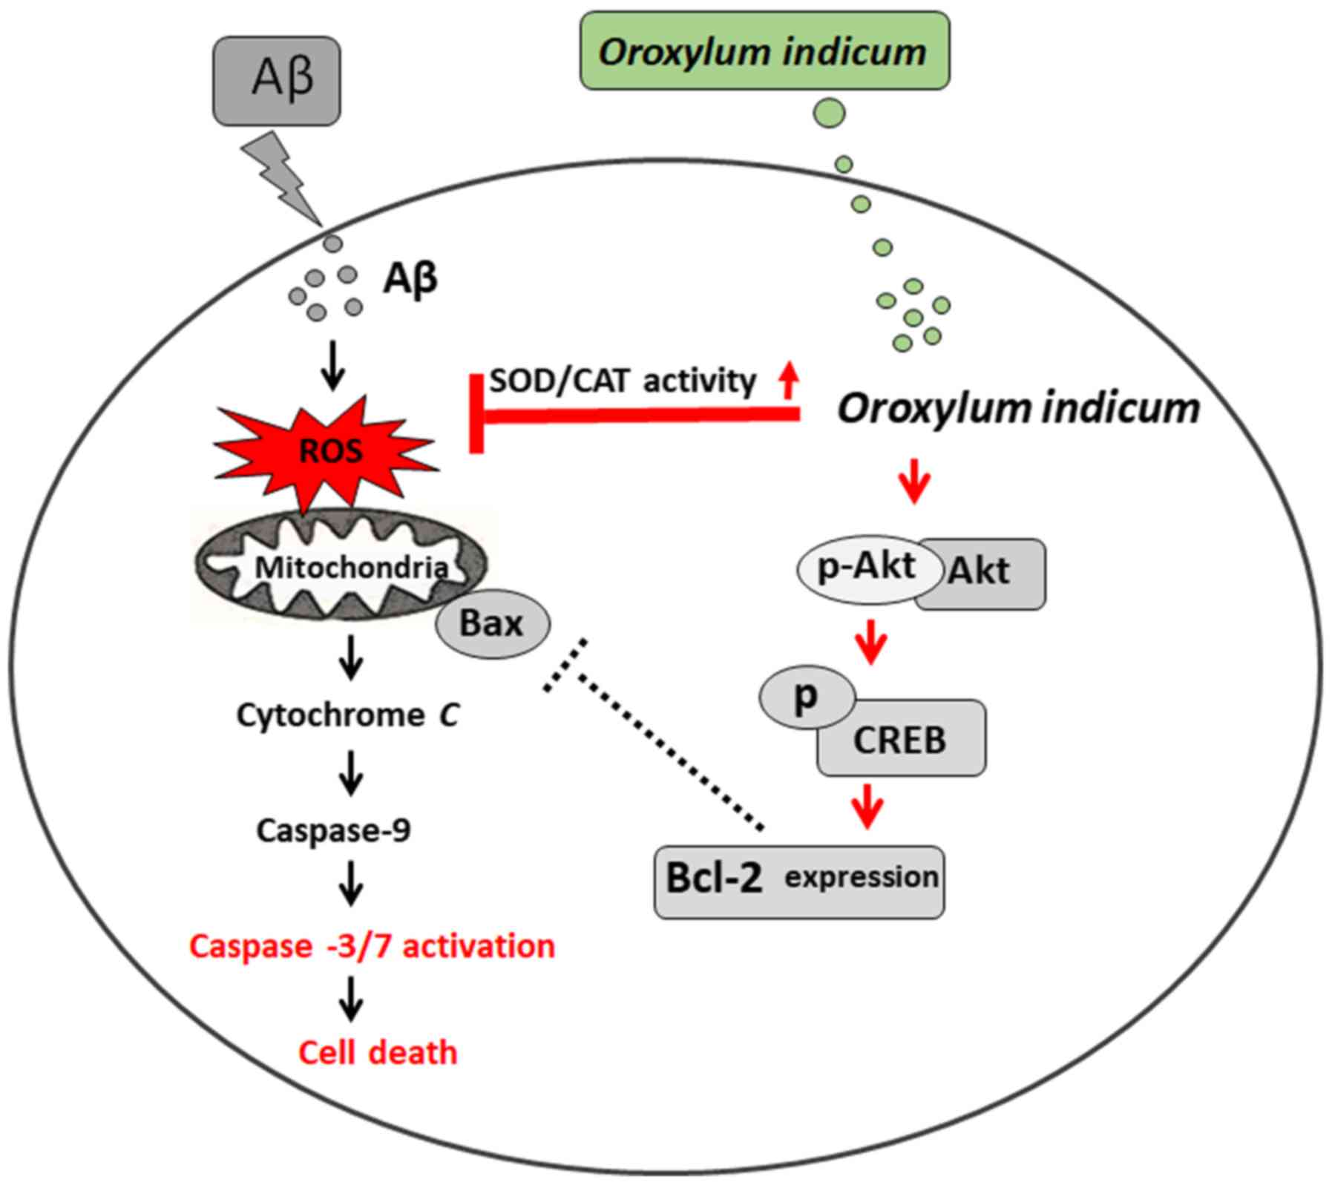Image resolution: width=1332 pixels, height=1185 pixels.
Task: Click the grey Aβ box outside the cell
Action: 277,81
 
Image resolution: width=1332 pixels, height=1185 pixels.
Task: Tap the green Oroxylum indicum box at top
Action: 764,51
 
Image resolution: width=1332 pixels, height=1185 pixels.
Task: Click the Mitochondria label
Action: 350,568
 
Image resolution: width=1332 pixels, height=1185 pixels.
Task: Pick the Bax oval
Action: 492,623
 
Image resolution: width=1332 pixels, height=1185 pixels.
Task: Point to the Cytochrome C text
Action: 347,715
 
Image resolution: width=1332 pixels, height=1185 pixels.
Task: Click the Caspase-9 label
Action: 333,830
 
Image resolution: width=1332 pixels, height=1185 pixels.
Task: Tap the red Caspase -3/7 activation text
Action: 372,946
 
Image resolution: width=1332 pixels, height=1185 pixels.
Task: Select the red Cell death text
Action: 378,1052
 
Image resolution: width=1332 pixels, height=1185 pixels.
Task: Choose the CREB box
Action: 901,739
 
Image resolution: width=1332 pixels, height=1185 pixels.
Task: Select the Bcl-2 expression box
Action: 799,881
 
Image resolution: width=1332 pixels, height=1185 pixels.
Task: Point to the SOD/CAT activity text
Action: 622,381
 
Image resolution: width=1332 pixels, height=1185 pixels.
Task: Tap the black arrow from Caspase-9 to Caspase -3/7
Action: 351,883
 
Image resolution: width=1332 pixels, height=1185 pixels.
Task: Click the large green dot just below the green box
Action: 829,114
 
